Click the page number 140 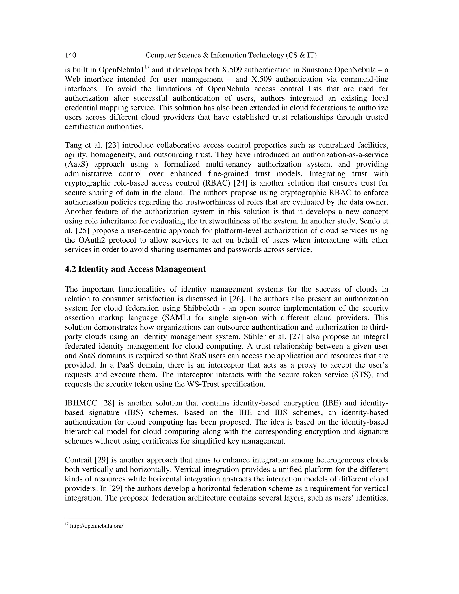[70, 56]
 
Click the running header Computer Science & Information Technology [231, 56]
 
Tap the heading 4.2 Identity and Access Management [135, 269]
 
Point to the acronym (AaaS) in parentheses [75, 164]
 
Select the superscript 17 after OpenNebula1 [147, 67]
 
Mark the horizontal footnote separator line [119, 518]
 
